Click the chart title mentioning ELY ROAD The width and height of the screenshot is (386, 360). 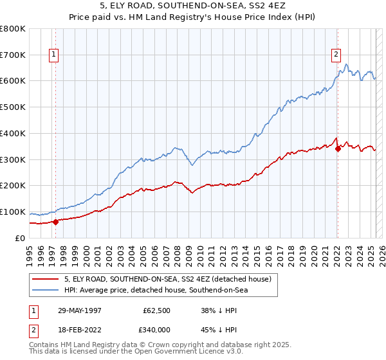tap(193, 8)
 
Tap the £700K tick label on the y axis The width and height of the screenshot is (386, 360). tap(14, 55)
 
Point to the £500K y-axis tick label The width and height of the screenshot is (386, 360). tap(14, 107)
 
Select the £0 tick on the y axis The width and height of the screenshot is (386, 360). tap(20, 238)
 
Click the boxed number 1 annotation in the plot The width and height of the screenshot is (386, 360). tap(55, 55)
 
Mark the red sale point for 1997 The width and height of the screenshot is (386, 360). tap(55, 222)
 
